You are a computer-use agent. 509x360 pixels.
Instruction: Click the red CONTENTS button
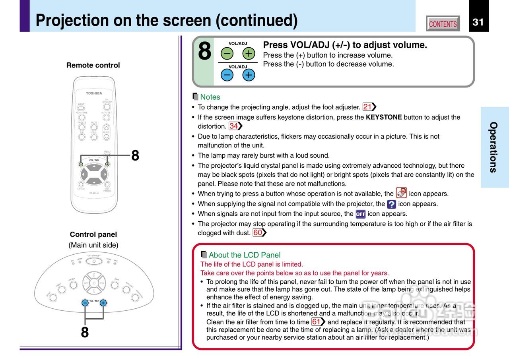[443, 24]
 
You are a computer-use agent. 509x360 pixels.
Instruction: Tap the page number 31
[478, 22]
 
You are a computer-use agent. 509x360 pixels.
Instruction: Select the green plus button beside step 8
[249, 53]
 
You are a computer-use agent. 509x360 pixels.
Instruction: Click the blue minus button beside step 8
[227, 75]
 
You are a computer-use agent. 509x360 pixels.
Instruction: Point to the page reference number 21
[367, 107]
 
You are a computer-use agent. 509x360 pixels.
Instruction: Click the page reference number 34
[234, 126]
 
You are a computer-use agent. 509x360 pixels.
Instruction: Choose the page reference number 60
[258, 233]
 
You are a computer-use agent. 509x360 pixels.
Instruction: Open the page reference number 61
[316, 322]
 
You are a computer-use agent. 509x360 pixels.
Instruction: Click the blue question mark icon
[391, 204]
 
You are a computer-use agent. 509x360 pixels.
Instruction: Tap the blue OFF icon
[360, 214]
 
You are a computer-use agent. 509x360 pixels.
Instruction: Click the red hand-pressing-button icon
[401, 193]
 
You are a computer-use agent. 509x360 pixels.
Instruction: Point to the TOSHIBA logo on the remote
[94, 93]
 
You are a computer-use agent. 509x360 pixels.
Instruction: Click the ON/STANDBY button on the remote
[107, 107]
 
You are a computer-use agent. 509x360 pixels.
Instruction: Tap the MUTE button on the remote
[94, 128]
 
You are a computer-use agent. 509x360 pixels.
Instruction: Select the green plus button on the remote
[107, 164]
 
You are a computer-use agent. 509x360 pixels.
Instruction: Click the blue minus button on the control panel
[85, 303]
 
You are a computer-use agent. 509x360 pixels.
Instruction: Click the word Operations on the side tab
[493, 147]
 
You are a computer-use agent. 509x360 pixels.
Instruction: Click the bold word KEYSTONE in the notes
[383, 117]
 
